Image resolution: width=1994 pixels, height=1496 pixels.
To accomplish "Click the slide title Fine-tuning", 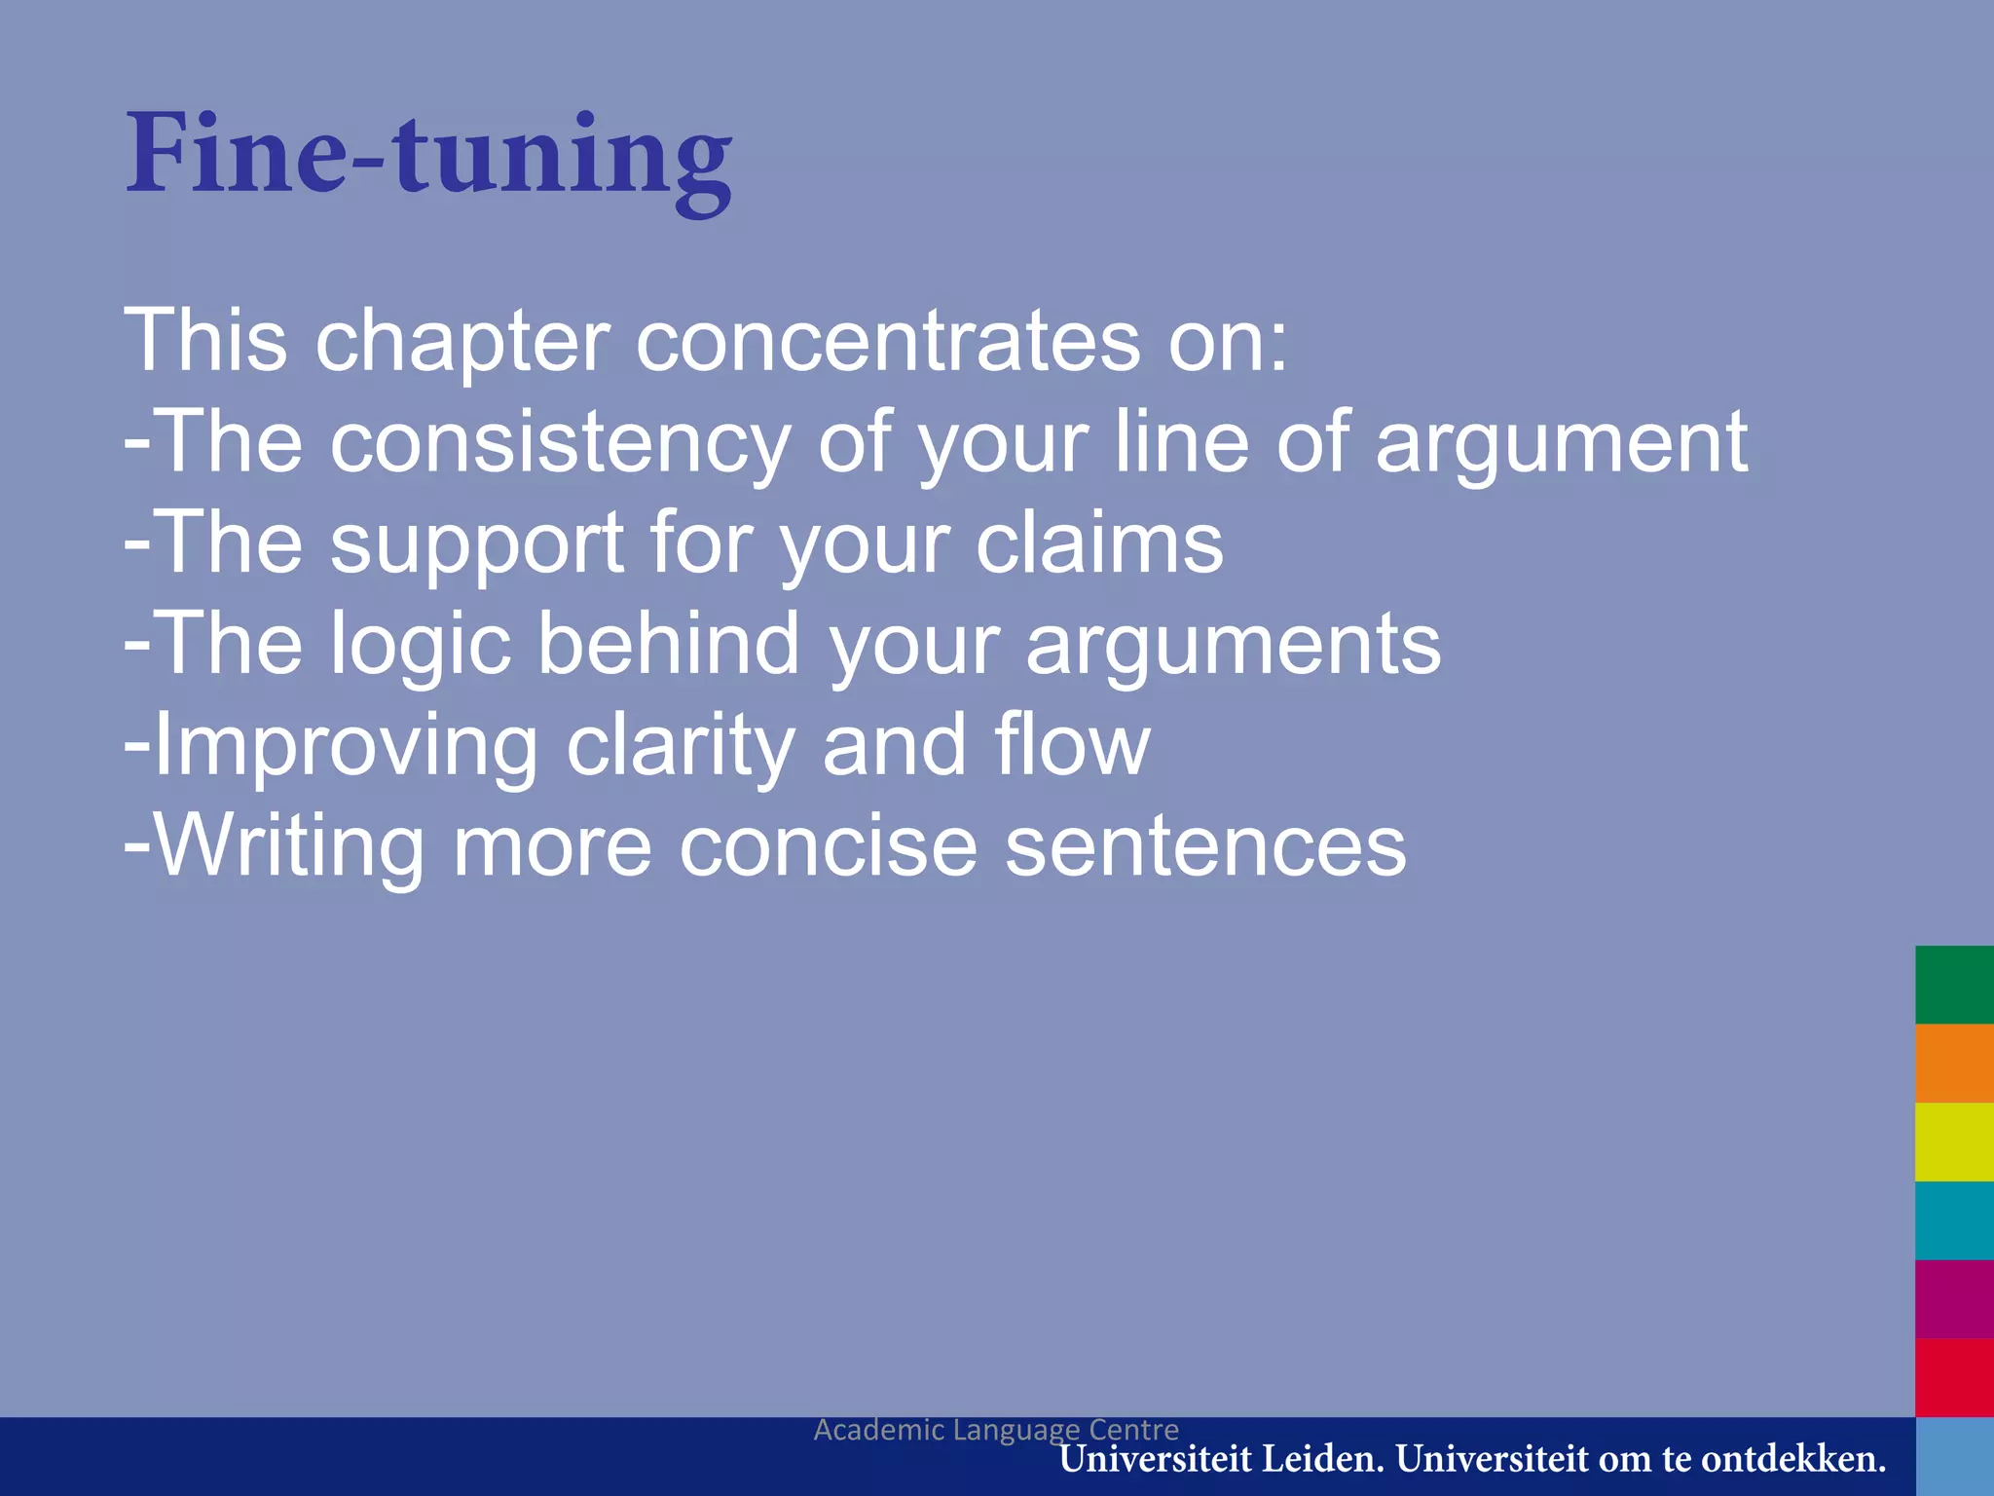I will click(428, 156).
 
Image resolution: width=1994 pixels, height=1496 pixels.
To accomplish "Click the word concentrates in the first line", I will click(887, 341).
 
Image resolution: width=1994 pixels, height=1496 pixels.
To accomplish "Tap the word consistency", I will click(560, 442).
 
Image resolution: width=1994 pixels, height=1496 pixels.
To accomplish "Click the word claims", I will click(1099, 542).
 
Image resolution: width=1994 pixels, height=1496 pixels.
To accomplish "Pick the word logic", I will click(420, 646).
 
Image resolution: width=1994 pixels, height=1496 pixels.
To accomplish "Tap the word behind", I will click(669, 644).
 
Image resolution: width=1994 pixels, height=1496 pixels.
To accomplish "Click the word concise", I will click(828, 846).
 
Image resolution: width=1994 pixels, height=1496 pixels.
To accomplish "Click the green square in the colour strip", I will click(1954, 985).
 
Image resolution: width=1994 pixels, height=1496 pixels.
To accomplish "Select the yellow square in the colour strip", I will click(1954, 1141).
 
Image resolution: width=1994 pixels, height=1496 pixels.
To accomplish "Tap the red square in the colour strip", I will click(1954, 1377).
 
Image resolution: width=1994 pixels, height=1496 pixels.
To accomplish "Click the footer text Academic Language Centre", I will click(996, 1429).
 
